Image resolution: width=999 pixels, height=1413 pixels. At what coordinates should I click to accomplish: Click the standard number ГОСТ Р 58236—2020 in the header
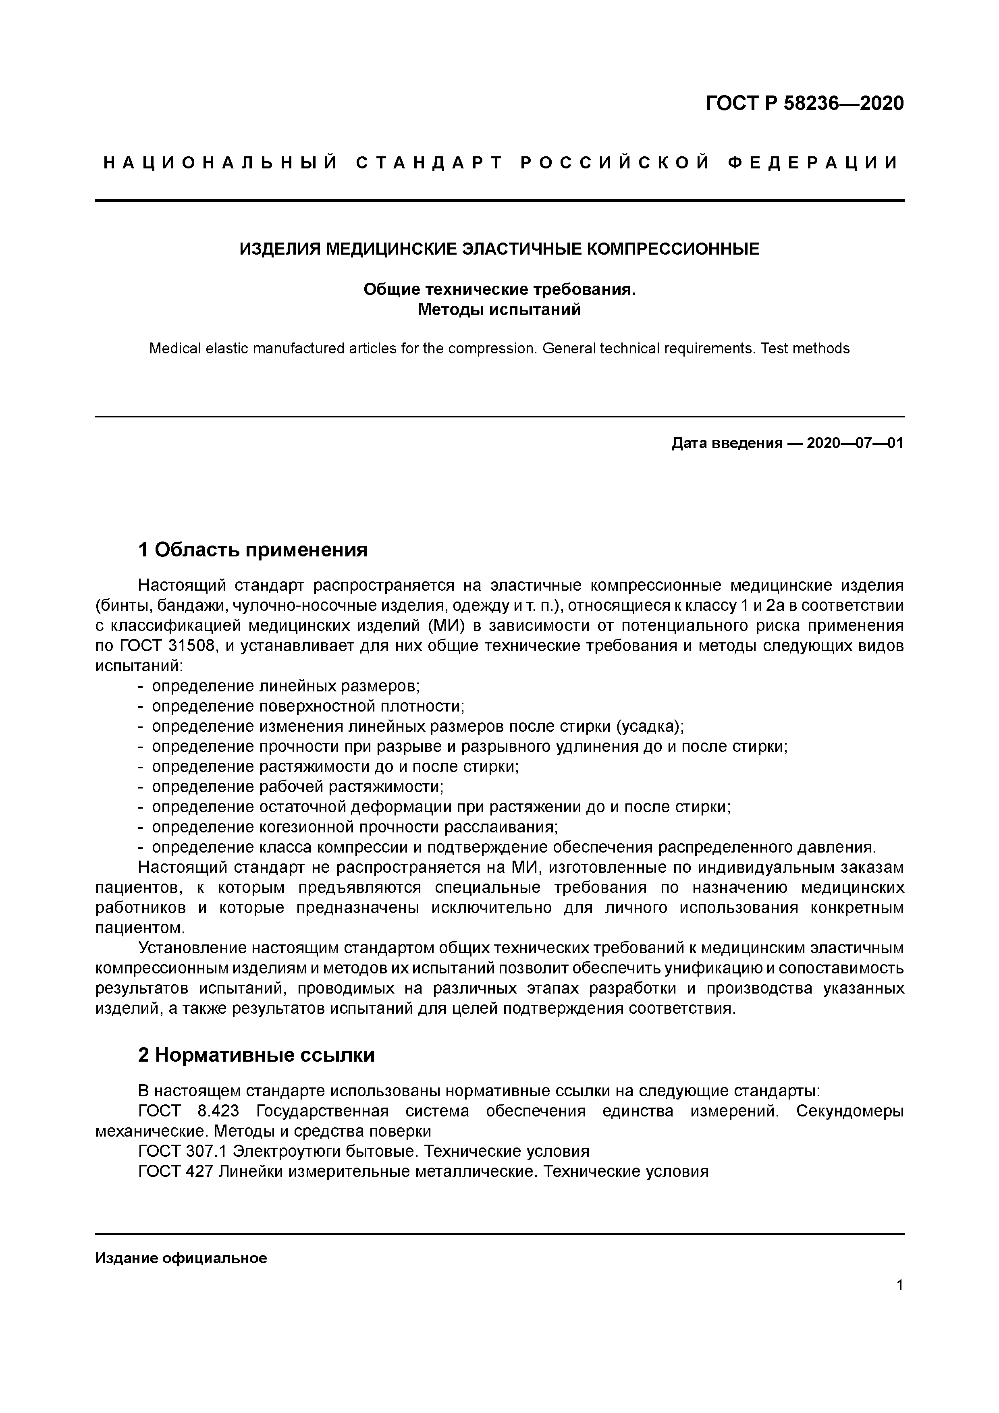[x=804, y=104]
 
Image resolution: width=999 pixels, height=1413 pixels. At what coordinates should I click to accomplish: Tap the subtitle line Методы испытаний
[x=499, y=309]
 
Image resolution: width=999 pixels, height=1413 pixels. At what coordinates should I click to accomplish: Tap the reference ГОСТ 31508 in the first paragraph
[x=168, y=645]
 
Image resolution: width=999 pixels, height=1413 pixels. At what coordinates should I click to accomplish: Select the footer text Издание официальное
[x=181, y=1258]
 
